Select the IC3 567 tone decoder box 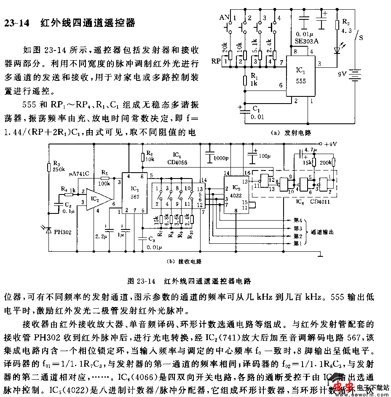[x=133, y=192]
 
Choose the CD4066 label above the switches [x=180, y=162]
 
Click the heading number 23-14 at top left [x=17, y=23]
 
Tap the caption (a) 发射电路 [x=291, y=132]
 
